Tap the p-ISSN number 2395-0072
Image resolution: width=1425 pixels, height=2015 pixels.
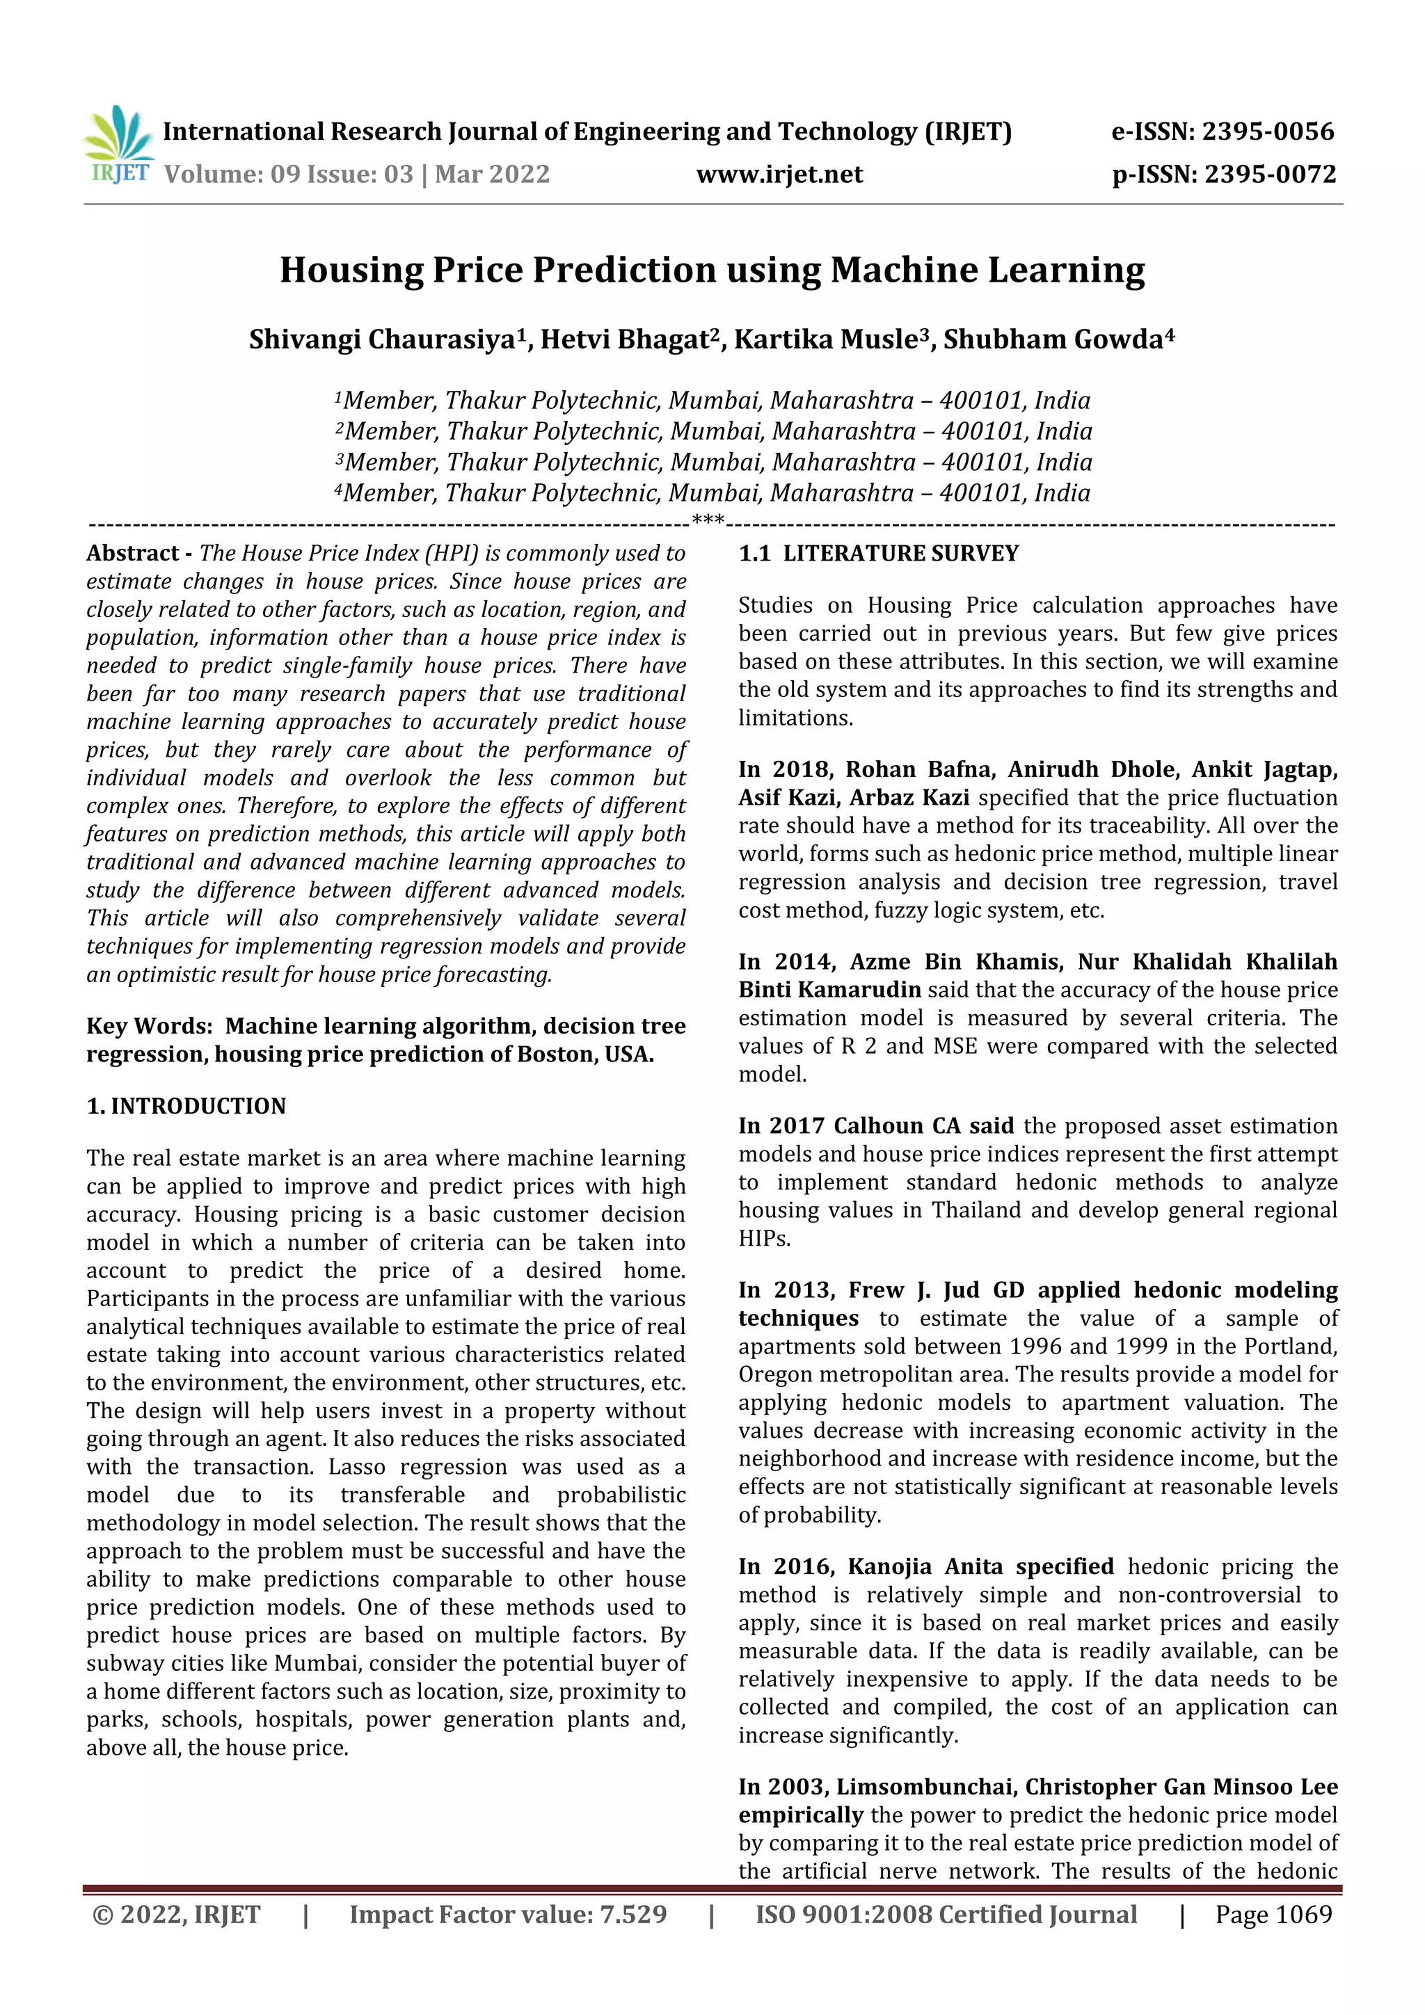click(1270, 174)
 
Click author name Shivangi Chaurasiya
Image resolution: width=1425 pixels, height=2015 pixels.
click(382, 339)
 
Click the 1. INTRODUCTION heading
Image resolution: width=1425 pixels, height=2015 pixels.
click(186, 1106)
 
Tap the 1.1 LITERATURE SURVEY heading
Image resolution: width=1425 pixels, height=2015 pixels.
click(878, 553)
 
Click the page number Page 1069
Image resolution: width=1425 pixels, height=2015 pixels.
click(1273, 1914)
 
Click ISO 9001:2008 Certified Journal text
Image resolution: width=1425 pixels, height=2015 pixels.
click(946, 1914)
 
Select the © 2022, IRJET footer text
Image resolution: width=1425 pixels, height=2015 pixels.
click(175, 1914)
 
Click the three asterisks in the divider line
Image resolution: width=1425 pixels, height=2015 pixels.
click(708, 521)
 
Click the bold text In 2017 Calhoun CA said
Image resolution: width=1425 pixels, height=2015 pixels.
click(875, 1126)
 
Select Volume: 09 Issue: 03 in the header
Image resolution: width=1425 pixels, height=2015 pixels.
click(288, 174)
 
